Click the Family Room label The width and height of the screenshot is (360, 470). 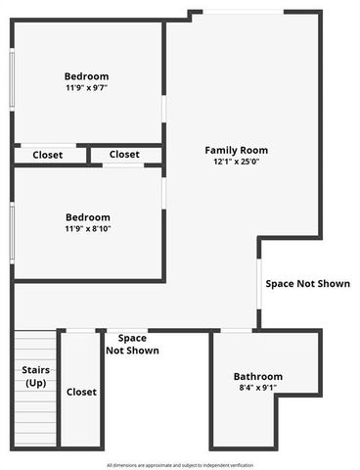click(235, 150)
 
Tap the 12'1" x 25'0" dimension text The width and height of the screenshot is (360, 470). click(235, 162)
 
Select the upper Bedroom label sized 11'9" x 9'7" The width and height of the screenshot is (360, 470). click(86, 76)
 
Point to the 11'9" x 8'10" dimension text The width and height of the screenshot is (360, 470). click(87, 229)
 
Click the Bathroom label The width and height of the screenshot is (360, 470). click(257, 377)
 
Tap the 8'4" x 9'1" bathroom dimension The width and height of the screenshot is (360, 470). click(257, 389)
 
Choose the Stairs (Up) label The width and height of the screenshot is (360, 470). click(36, 376)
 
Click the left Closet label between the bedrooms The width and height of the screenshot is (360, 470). click(47, 155)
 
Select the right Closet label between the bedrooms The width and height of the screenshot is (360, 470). click(124, 155)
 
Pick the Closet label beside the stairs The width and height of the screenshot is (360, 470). click(81, 392)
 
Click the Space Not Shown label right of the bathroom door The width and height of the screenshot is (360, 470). click(307, 284)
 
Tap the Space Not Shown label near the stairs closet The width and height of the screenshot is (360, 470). click(131, 344)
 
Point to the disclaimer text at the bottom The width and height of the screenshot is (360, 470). click(180, 464)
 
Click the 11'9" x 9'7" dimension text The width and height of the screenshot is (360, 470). click(86, 87)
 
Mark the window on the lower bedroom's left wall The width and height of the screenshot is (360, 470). click(12, 229)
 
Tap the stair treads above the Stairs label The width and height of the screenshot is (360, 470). click(36, 345)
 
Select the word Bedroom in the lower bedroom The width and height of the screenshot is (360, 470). click(87, 217)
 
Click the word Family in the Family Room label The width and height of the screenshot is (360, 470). click(220, 150)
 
